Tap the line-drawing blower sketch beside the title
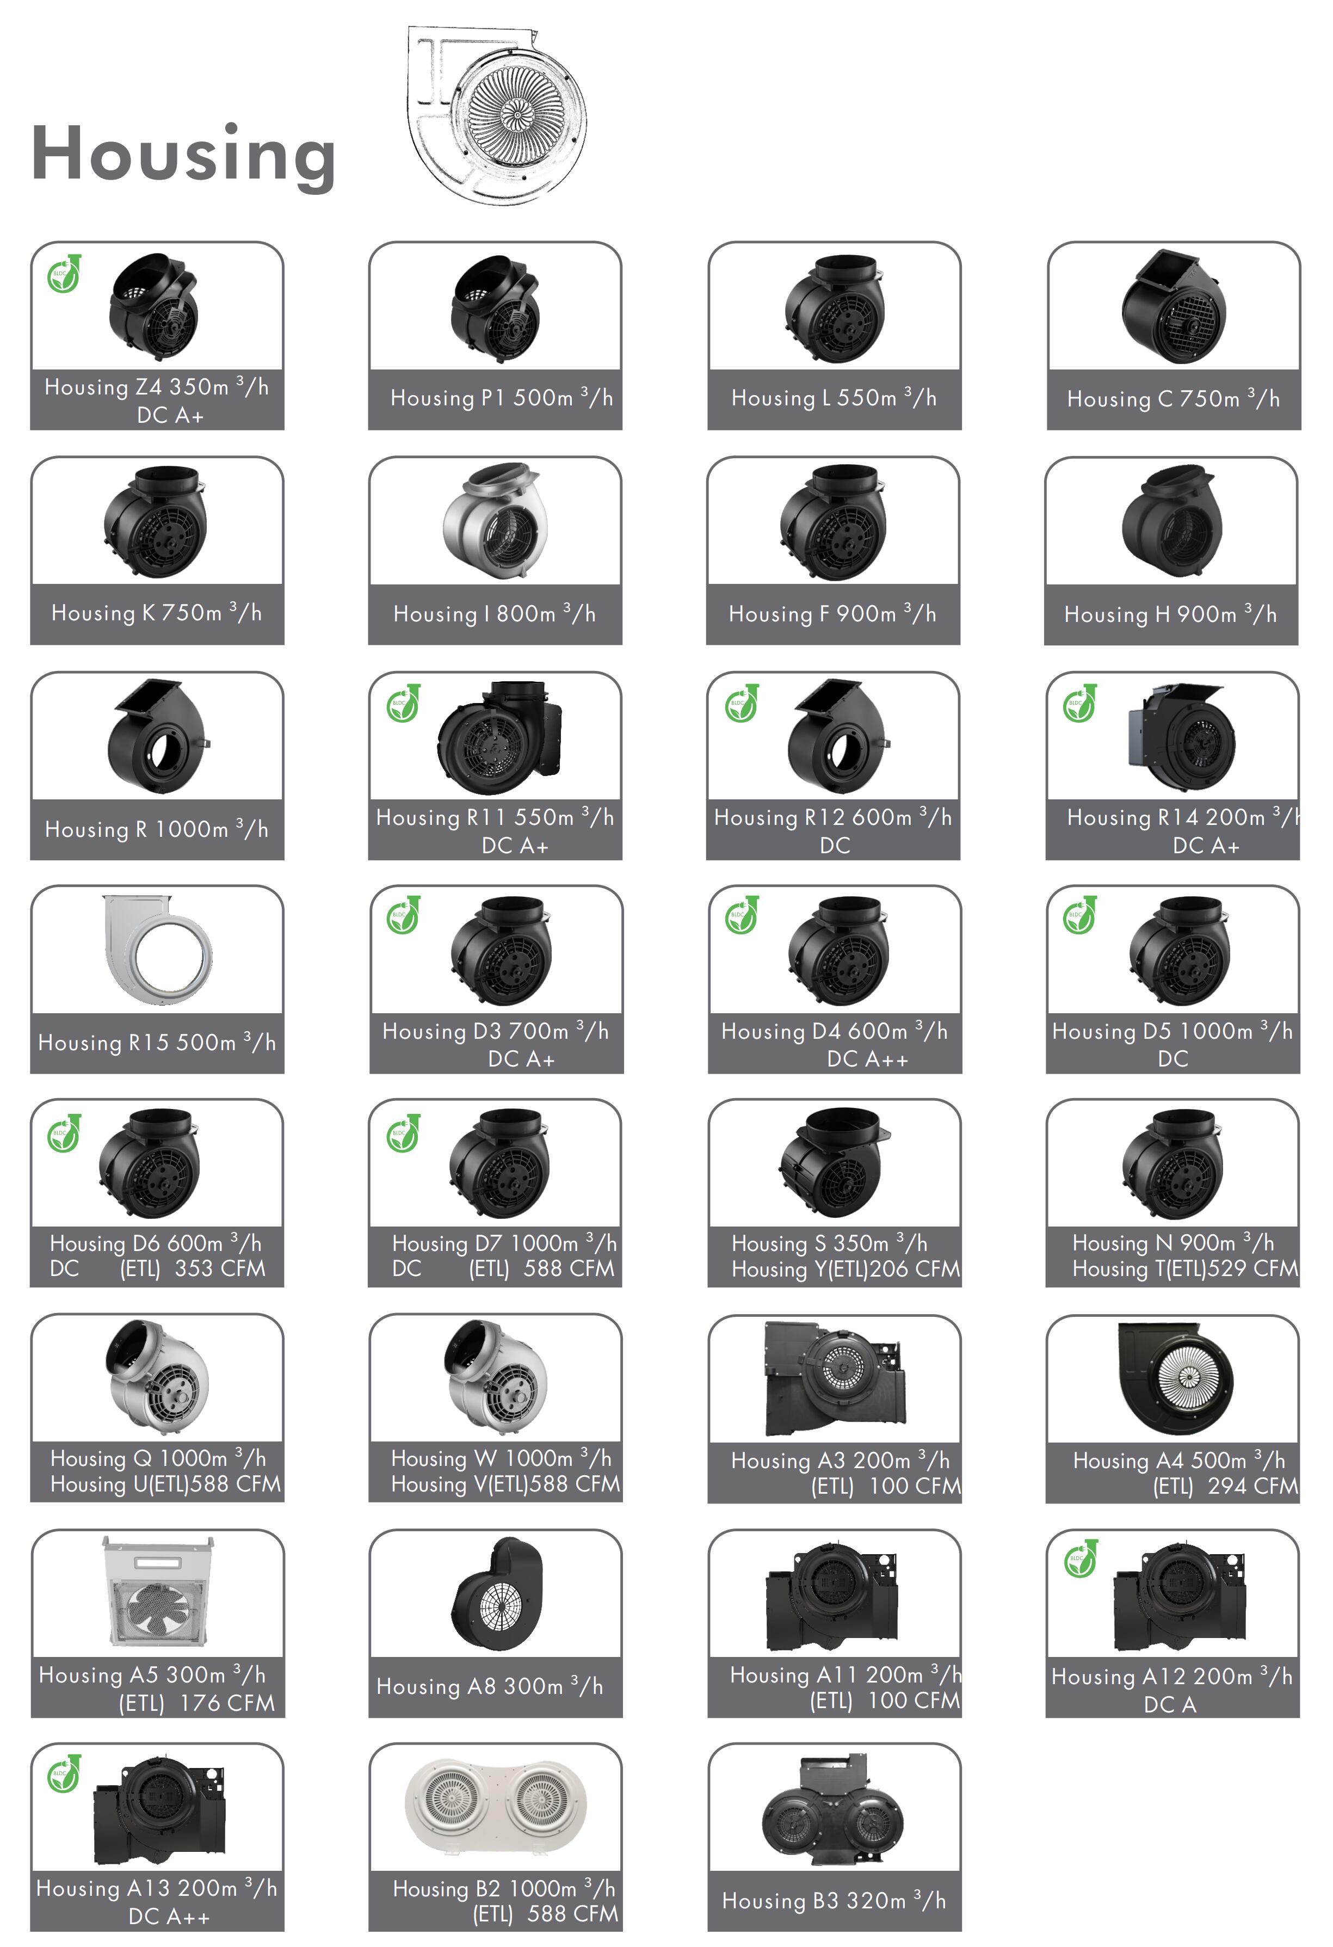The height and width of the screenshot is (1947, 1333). (x=496, y=115)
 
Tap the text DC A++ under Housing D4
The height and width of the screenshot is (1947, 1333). (x=867, y=1059)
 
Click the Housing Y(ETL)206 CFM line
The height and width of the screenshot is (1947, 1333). (x=846, y=1269)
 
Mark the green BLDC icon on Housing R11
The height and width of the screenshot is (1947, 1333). (x=403, y=704)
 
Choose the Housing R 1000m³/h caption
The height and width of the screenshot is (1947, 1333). (x=157, y=829)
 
